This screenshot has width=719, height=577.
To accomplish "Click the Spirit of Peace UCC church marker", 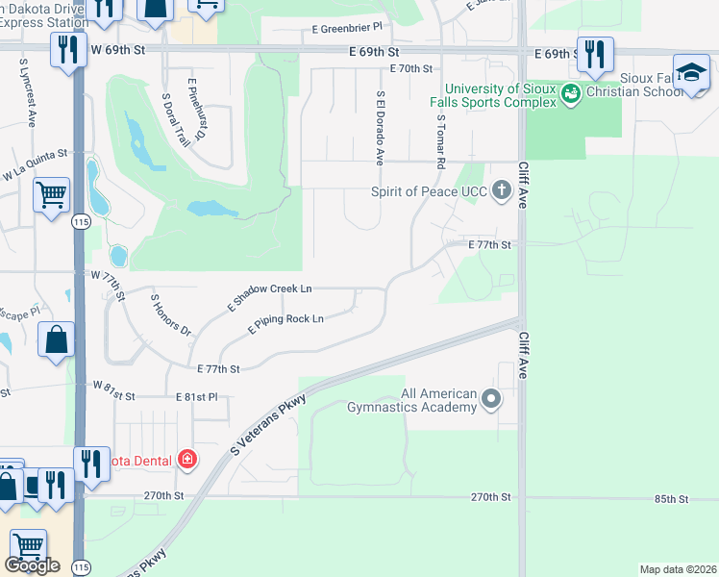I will (x=501, y=190).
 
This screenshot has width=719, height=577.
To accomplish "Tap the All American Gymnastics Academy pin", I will (x=492, y=398).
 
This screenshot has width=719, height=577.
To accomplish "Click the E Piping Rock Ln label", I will (x=285, y=325).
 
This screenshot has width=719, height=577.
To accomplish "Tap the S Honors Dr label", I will (x=171, y=314).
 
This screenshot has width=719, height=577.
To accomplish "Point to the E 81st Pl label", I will (x=197, y=396).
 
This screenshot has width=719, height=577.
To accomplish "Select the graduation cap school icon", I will (x=690, y=73).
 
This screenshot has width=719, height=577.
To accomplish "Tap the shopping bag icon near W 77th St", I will (x=57, y=340).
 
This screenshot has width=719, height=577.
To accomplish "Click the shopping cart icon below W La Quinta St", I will (x=52, y=195).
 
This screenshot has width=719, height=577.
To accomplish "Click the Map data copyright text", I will (x=677, y=569).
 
